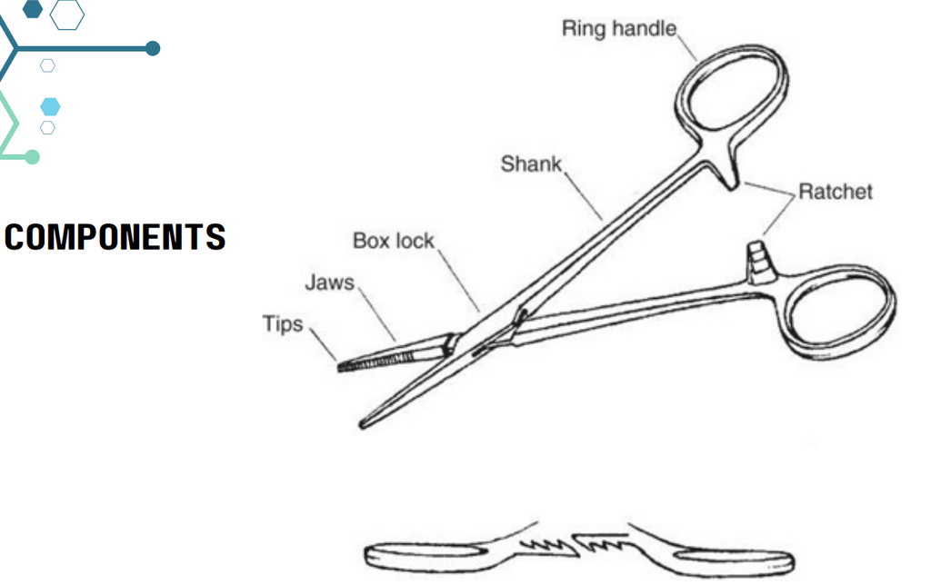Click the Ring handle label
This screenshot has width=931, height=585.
[618, 28]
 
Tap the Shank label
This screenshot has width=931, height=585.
[531, 164]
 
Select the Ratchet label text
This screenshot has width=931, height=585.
[836, 192]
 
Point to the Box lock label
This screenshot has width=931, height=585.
[394, 241]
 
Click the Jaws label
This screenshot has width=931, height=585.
[329, 283]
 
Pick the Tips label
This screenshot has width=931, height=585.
[283, 324]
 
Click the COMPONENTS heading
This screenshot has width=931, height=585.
[115, 237]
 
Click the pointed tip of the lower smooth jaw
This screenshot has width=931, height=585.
[362, 425]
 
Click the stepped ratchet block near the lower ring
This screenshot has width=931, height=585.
[759, 262]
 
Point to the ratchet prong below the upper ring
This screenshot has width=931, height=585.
[726, 177]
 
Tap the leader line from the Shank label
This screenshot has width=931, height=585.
[583, 196]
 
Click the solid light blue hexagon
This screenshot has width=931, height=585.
[51, 107]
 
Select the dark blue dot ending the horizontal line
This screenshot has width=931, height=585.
[153, 49]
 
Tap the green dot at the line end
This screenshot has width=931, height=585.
[33, 156]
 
